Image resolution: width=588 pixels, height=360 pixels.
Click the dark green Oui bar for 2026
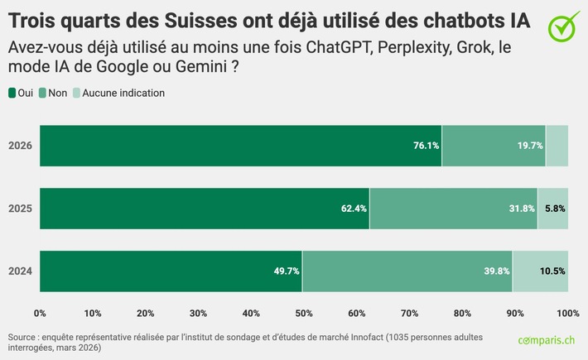pyautogui.click(x=240, y=146)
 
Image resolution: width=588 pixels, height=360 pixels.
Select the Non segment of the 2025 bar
pyautogui.click(x=453, y=209)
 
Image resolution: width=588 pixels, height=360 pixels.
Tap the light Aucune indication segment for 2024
pyautogui.click(x=540, y=271)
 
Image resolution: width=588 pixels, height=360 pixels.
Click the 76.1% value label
pyautogui.click(x=426, y=146)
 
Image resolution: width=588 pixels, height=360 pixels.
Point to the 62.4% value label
pyautogui.click(x=354, y=209)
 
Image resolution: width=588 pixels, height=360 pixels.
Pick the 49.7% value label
pyautogui.click(x=287, y=271)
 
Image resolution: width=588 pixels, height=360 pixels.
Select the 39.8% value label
pyautogui.click(x=496, y=271)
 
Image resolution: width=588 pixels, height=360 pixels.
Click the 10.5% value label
pyautogui.click(x=552, y=271)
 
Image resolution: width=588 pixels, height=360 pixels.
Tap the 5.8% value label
pyautogui.click(x=555, y=209)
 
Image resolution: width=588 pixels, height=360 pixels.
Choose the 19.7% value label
pyautogui.click(x=529, y=146)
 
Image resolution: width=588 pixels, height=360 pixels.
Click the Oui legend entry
pyautogui.click(x=20, y=94)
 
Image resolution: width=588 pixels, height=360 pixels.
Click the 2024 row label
pyautogui.click(x=20, y=271)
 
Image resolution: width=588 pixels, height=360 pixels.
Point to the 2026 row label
pyautogui.click(x=20, y=146)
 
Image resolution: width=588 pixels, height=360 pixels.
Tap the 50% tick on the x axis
pyautogui.click(x=304, y=313)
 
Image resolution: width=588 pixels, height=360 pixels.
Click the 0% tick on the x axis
pyautogui.click(x=40, y=313)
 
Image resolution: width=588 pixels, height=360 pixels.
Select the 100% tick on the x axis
pyautogui.click(x=567, y=313)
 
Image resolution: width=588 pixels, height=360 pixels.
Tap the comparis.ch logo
pyautogui.click(x=547, y=341)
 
